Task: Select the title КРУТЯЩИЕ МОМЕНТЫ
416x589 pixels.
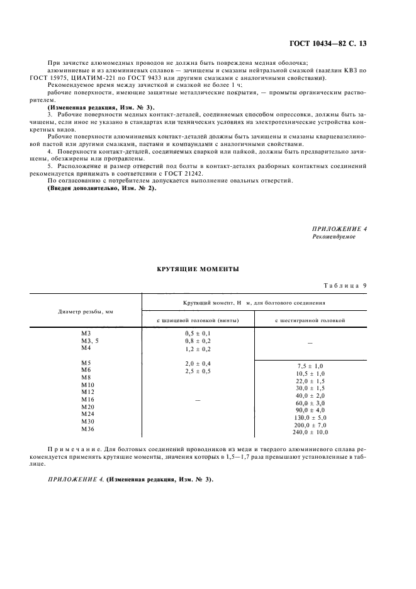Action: pos(198,269)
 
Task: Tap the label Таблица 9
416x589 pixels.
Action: pos(345,286)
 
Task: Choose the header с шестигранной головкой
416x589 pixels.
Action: pos(310,320)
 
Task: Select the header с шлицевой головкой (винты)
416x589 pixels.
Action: pos(198,320)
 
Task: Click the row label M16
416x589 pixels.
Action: pos(87,400)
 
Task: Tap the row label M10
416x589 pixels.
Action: pos(87,384)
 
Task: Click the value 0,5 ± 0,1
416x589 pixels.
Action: pos(198,332)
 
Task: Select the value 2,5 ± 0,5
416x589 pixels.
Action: pos(198,371)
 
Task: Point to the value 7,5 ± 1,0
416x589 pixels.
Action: pos(310,366)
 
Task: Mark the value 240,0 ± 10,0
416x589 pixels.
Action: pos(310,433)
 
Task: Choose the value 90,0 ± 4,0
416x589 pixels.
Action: pos(310,410)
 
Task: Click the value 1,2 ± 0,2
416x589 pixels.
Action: pos(198,348)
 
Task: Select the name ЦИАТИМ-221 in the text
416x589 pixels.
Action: pos(95,78)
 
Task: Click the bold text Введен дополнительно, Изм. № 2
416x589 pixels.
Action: pos(101,189)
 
